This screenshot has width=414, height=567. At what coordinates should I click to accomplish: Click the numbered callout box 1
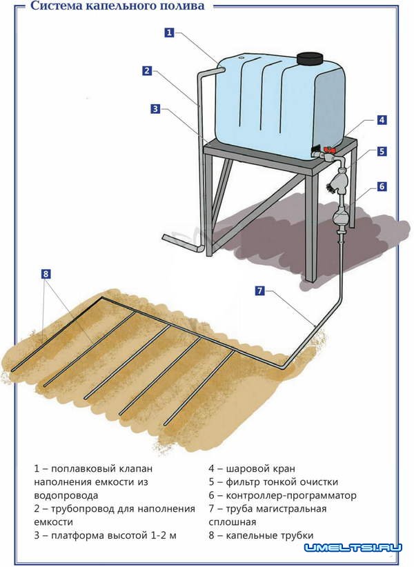point(169,32)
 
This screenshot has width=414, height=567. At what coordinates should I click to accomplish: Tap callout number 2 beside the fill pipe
point(147,70)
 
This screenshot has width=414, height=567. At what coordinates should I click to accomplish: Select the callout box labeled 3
point(155,108)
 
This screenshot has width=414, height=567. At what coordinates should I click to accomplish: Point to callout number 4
point(382,120)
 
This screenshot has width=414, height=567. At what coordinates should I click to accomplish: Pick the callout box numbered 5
point(382,151)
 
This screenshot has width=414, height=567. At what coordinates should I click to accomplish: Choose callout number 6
point(382,187)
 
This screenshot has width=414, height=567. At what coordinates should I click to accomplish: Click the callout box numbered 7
point(260,290)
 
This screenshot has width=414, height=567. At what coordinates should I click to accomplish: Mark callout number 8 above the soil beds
point(46,274)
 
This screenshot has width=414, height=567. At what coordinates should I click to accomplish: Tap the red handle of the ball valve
point(329,150)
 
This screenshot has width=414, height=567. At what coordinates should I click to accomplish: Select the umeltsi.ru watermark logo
point(353,548)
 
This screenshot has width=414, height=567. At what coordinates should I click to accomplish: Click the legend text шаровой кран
point(260,468)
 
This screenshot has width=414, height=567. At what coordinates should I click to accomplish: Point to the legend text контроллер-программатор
point(291,495)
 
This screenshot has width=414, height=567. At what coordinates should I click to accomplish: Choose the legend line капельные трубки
point(261,535)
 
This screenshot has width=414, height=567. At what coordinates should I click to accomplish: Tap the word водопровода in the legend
point(66,495)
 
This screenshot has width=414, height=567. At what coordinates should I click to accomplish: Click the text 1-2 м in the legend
point(164,535)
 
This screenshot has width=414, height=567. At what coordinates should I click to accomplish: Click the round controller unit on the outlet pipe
point(341,215)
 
